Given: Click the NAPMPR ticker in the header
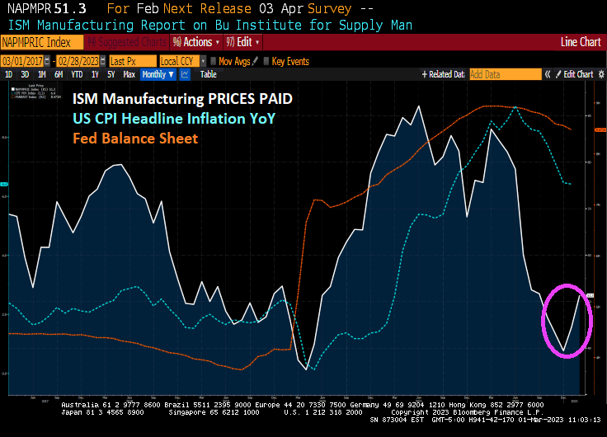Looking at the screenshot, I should [x=26, y=9].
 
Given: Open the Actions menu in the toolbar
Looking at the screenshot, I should [x=196, y=42].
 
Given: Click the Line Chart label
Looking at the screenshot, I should [x=581, y=42].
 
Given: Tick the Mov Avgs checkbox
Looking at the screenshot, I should [x=214, y=61].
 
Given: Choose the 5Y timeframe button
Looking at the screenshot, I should [x=111, y=74].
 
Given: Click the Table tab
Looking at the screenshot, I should [x=209, y=74].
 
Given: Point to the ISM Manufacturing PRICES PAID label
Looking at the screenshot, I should [x=181, y=99].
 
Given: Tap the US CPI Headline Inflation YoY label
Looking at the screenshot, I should [x=173, y=119].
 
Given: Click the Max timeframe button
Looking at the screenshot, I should [x=129, y=74].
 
